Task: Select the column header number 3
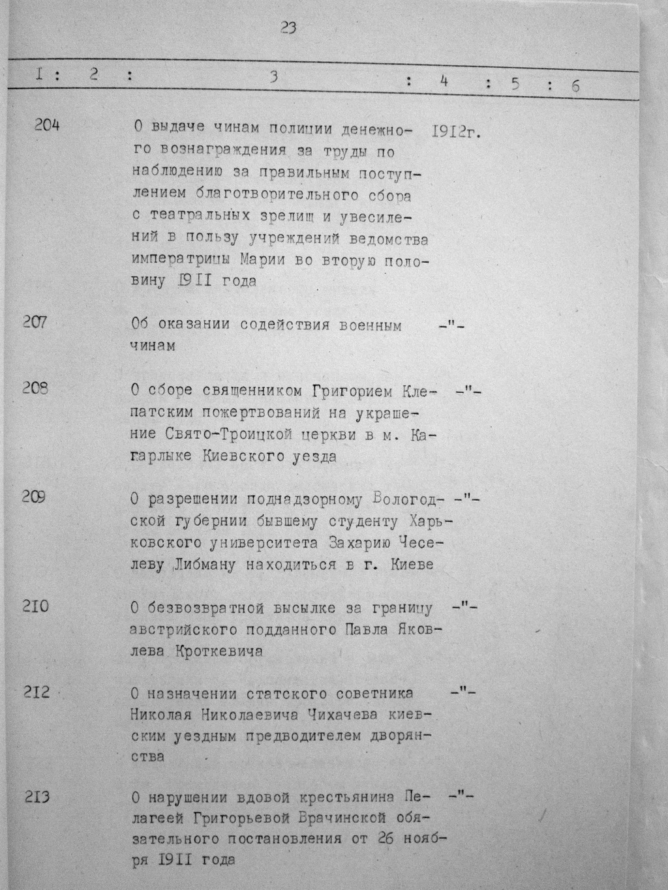pyautogui.click(x=275, y=76)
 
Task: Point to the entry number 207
pyautogui.click(x=35, y=321)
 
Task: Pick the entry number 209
pyautogui.click(x=33, y=497)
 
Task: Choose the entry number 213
pyautogui.click(x=37, y=796)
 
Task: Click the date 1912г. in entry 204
pyautogui.click(x=455, y=131)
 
